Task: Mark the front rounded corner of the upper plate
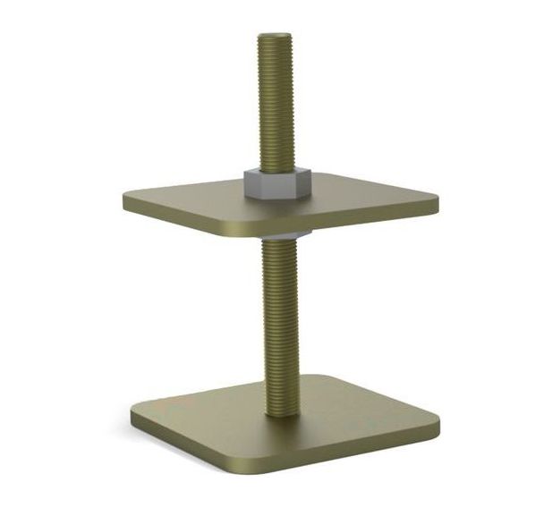(234, 235)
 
